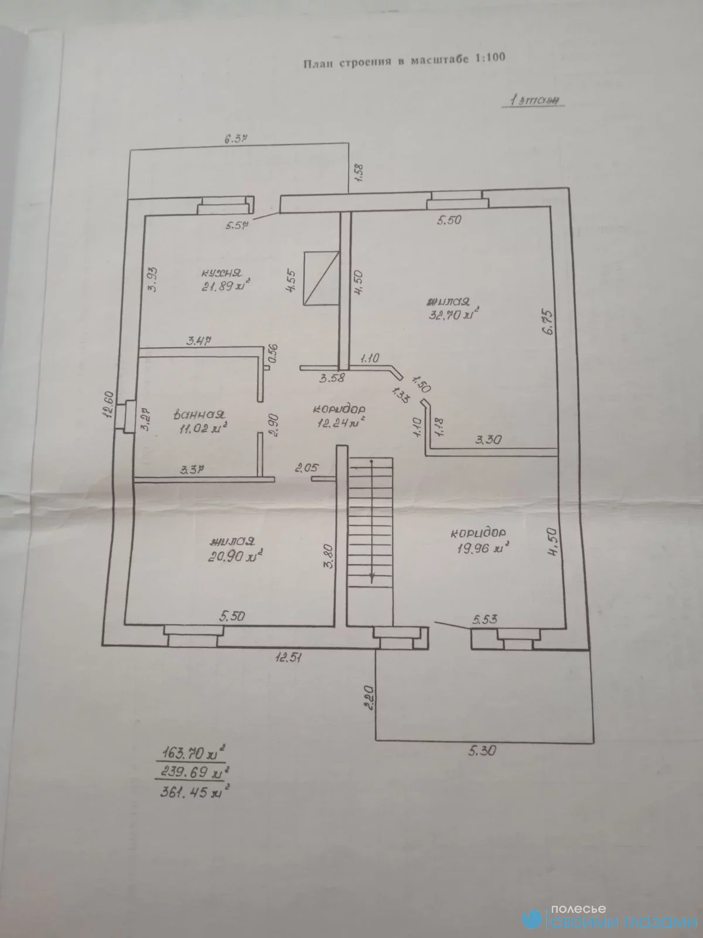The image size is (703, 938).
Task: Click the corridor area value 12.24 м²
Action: [339, 421]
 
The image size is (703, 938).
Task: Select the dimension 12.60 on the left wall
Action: [109, 405]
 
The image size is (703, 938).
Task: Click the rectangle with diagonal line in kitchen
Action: [322, 278]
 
